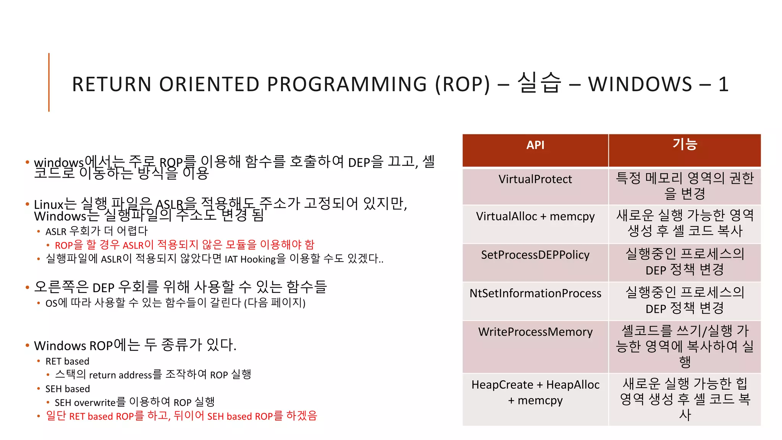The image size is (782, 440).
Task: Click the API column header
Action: click(535, 146)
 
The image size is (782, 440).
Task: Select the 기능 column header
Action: click(685, 145)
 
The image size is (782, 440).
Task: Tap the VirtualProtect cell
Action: click(535, 179)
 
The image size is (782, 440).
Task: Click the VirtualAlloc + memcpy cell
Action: click(535, 217)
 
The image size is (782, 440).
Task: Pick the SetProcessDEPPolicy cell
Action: click(535, 255)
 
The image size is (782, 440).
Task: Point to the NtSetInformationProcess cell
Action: click(535, 293)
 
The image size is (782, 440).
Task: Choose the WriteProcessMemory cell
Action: click(535, 332)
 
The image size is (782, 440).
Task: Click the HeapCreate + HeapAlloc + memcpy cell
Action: click(535, 392)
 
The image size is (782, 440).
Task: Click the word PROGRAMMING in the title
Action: click(347, 84)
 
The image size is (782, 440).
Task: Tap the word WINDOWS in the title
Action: click(640, 84)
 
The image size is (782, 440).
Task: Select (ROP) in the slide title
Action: click(462, 84)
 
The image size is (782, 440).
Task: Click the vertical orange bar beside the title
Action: click(49, 82)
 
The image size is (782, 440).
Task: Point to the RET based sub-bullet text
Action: click(67, 361)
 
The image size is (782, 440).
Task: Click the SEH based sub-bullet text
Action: click(68, 389)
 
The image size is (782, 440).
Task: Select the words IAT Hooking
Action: click(250, 259)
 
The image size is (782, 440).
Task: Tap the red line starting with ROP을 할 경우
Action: click(184, 245)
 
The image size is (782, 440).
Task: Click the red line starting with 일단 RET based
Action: click(181, 416)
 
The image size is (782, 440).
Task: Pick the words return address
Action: click(120, 375)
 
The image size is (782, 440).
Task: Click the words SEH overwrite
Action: click(85, 403)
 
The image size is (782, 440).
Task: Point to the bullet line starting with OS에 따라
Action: click(175, 303)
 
